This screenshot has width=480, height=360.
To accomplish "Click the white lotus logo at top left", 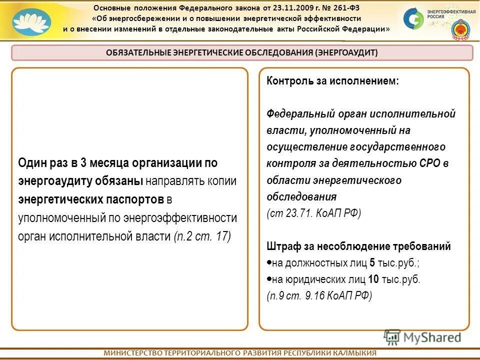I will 31,22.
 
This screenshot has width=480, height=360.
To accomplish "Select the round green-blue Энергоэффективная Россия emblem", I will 413,18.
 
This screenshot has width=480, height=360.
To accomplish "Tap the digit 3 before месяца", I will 84,162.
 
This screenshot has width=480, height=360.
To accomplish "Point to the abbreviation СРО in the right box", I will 431,163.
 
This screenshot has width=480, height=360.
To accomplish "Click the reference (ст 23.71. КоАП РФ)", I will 313,213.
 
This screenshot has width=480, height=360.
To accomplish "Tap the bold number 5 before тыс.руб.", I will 371,262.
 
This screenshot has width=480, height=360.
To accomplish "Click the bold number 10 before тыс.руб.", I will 373,279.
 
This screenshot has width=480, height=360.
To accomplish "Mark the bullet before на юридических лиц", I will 268,278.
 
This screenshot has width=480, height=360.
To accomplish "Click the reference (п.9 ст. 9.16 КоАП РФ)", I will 319,295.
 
